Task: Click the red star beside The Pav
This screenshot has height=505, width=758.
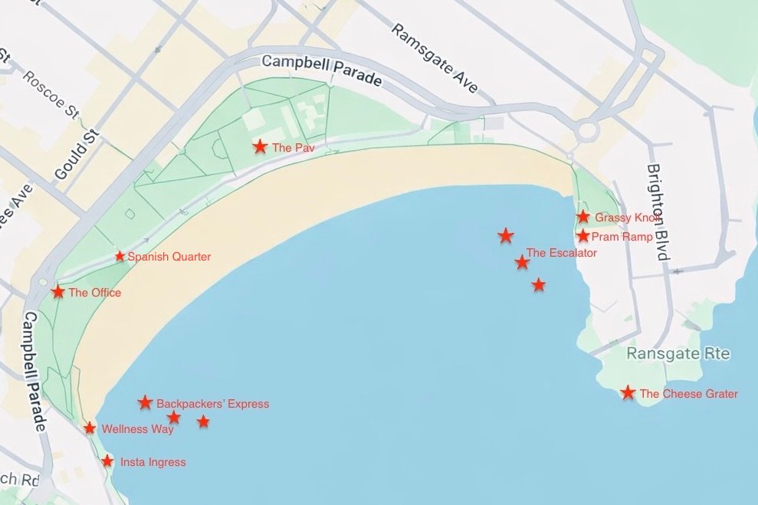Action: tap(261, 146)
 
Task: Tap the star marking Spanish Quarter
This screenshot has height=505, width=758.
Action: tap(120, 256)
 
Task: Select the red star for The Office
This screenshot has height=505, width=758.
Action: tap(58, 292)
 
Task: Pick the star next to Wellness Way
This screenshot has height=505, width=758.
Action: tap(90, 428)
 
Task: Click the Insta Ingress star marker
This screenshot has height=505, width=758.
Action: tap(107, 461)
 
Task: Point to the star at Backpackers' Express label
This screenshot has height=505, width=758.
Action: tap(145, 402)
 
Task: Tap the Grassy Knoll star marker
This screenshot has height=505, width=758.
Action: tap(583, 217)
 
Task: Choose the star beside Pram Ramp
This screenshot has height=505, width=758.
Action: tap(583, 236)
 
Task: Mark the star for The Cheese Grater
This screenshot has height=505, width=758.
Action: tap(628, 393)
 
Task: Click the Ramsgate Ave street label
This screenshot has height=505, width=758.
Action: tap(435, 58)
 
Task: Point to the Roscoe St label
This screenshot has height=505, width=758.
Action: tap(51, 94)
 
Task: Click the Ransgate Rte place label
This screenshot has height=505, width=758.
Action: tap(678, 354)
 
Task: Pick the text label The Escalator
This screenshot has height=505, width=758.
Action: tap(561, 253)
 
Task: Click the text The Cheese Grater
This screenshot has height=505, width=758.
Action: tap(688, 394)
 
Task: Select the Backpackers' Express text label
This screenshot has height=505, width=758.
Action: tap(212, 404)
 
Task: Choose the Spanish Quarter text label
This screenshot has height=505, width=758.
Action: tap(169, 257)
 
